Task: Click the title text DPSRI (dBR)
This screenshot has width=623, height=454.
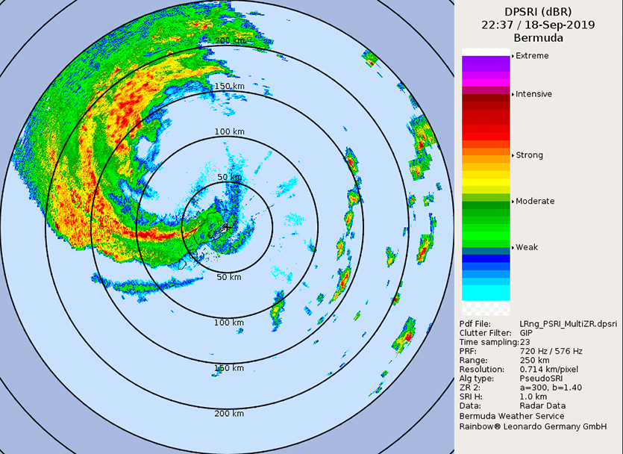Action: pyautogui.click(x=538, y=11)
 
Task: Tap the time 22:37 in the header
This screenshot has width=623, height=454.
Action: pyautogui.click(x=496, y=25)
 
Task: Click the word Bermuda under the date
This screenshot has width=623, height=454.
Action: pyautogui.click(x=538, y=38)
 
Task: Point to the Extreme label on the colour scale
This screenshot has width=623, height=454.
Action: pyautogui.click(x=532, y=56)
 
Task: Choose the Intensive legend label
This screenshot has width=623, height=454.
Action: pyautogui.click(x=533, y=94)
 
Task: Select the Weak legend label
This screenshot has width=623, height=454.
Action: pyautogui.click(x=527, y=247)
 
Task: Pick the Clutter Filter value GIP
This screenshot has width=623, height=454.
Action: pyautogui.click(x=527, y=333)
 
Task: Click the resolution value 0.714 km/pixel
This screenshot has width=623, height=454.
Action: pyautogui.click(x=552, y=370)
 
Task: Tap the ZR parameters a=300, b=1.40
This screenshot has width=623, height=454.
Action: pyautogui.click(x=551, y=388)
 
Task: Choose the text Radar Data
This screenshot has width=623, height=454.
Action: pyautogui.click(x=542, y=407)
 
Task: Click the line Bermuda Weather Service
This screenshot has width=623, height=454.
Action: pyautogui.click(x=512, y=417)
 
